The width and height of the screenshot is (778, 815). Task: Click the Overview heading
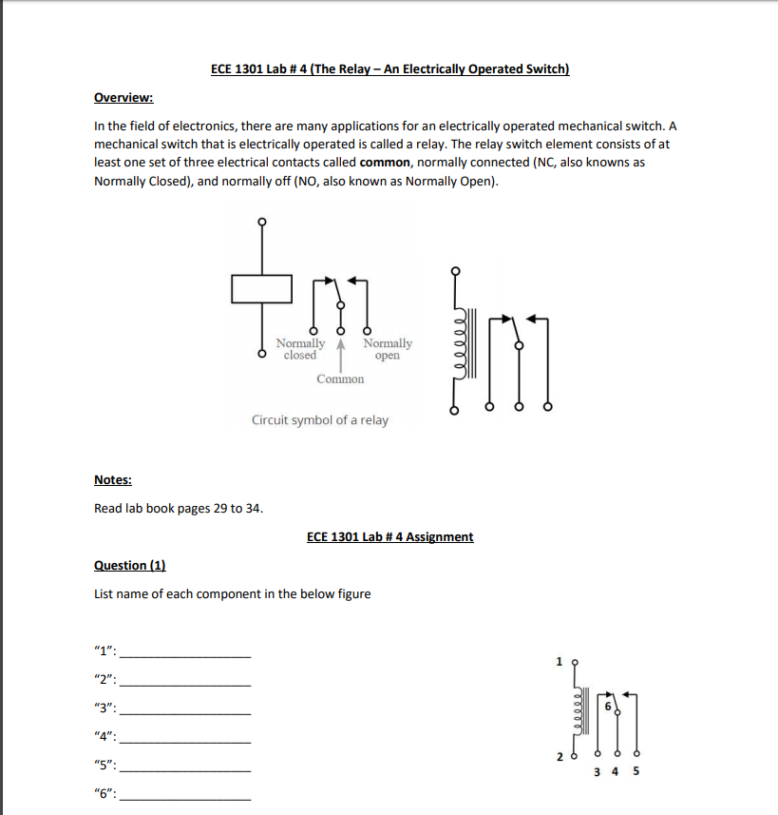pos(123,98)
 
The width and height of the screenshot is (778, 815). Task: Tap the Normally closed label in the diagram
pos(300,349)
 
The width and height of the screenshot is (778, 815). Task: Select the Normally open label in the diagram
pos(388,349)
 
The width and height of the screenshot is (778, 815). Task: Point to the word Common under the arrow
pos(340,378)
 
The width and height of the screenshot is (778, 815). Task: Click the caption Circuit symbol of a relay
pos(319,419)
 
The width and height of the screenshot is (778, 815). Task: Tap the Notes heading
pos(113,479)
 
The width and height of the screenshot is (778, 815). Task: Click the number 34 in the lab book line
pos(253,508)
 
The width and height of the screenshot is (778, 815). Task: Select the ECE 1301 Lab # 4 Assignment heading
pos(389,536)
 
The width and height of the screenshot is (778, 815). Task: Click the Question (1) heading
pos(130,565)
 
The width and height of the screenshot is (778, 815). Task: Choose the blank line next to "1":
pos(187,656)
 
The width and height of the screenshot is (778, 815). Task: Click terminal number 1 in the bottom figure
pos(560,660)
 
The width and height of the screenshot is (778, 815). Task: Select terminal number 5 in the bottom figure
pos(636,771)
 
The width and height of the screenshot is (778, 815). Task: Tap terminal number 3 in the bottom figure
pos(597,771)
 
